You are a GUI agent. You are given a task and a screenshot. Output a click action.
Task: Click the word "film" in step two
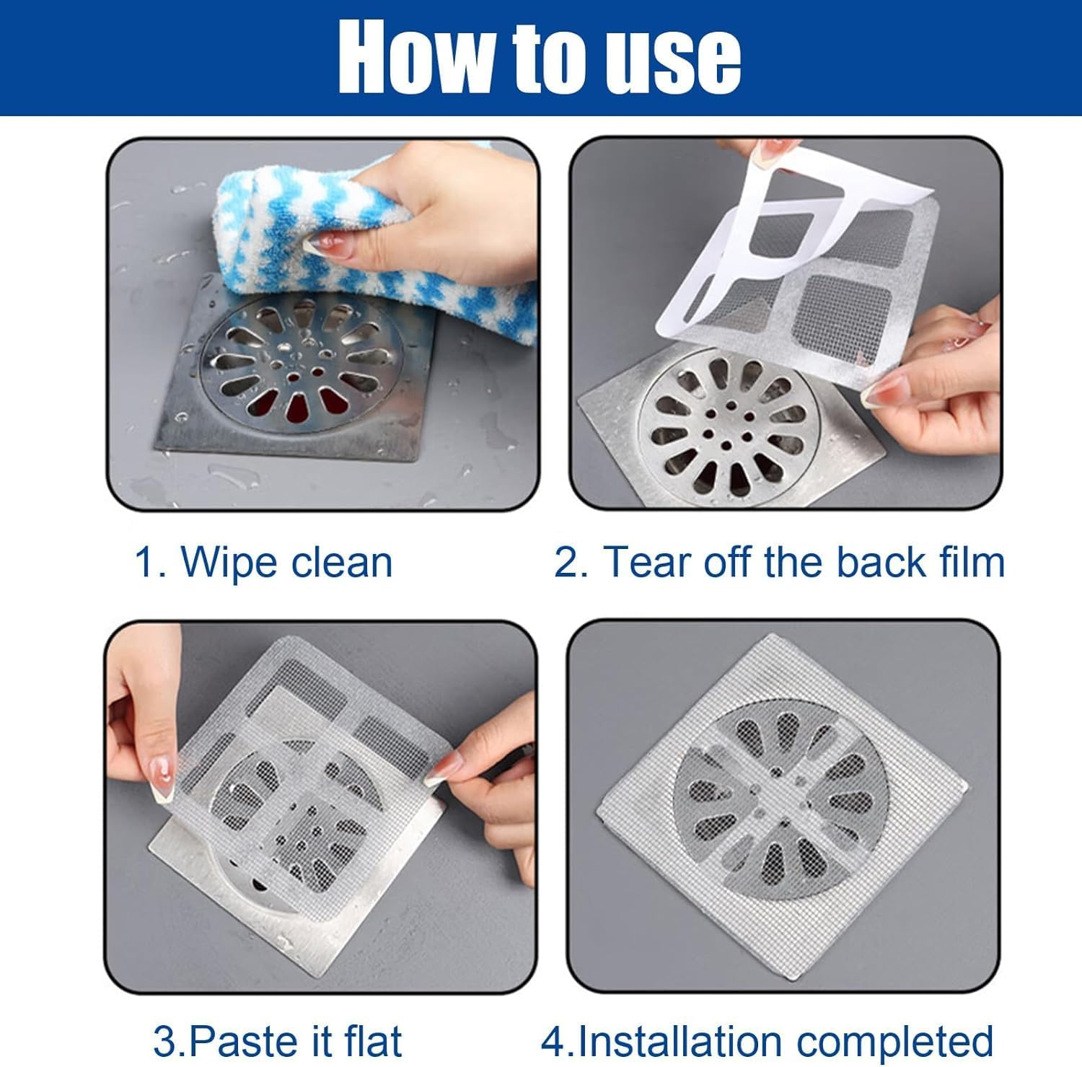pyautogui.click(x=972, y=562)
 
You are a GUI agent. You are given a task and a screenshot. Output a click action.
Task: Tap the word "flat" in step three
pyautogui.click(x=372, y=1041)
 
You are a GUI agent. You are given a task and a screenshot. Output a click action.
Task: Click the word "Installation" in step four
pyautogui.click(x=679, y=1041)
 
